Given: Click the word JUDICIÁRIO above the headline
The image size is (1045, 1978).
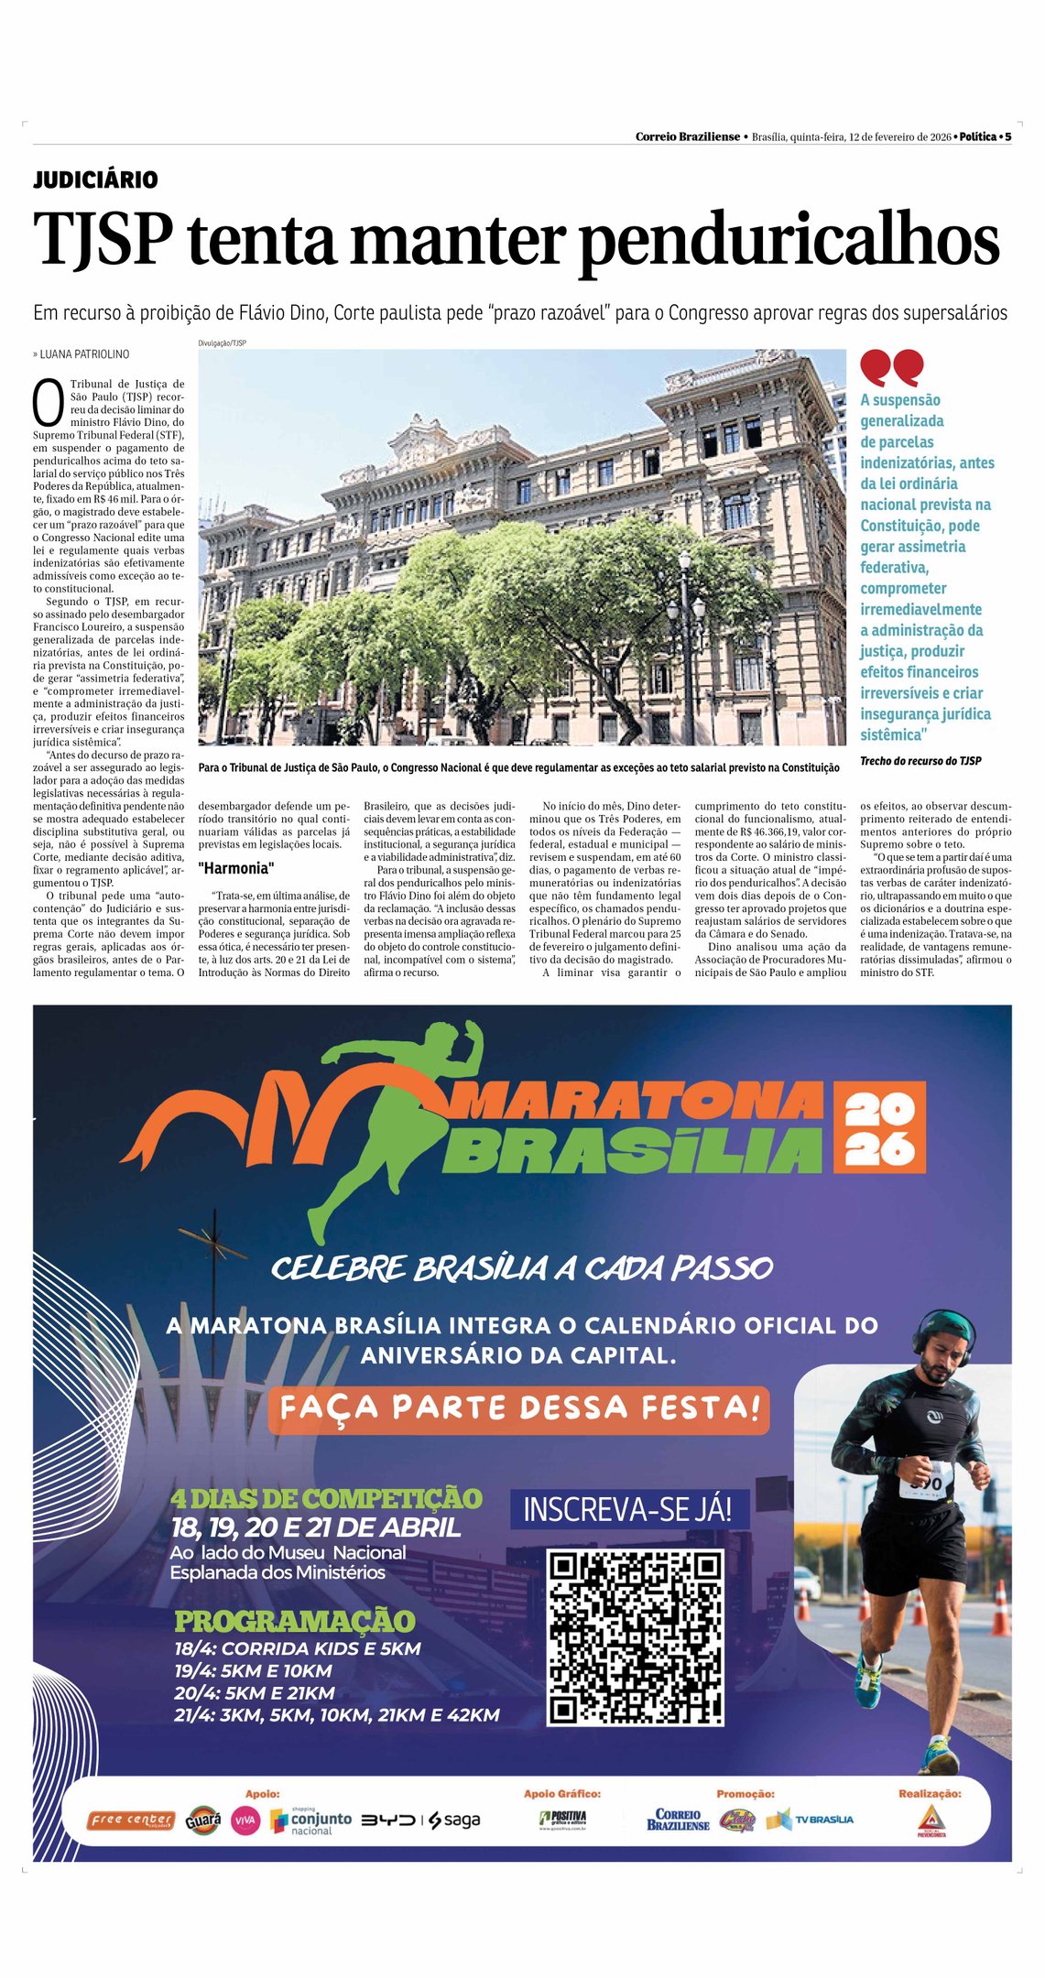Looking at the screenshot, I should pyautogui.click(x=95, y=179).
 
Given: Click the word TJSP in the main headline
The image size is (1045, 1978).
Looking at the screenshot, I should pyautogui.click(x=103, y=241).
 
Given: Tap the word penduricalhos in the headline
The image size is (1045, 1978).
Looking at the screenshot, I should pyautogui.click(x=789, y=243).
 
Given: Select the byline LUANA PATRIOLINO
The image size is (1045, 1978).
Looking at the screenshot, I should pyautogui.click(x=84, y=354).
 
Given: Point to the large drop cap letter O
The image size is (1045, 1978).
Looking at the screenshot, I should pyautogui.click(x=49, y=399).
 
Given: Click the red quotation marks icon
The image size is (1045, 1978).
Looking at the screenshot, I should pyautogui.click(x=891, y=367).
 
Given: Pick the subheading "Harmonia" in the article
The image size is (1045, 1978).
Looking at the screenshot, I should pyautogui.click(x=236, y=868).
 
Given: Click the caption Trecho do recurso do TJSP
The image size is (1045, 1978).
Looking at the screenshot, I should pyautogui.click(x=920, y=761).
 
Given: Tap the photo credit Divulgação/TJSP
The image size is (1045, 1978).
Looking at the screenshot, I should pyautogui.click(x=223, y=343).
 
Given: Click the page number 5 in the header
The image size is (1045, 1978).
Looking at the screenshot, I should pyautogui.click(x=1007, y=136).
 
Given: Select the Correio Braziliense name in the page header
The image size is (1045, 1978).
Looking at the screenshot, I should pyautogui.click(x=687, y=136).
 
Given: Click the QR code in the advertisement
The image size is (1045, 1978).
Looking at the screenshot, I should pyautogui.click(x=636, y=1637).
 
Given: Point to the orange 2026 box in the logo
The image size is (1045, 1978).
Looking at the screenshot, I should pyautogui.click(x=879, y=1128).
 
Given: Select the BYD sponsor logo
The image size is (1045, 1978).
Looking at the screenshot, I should pyautogui.click(x=388, y=1820).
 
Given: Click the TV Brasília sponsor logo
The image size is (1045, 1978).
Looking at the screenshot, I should pyautogui.click(x=811, y=1820).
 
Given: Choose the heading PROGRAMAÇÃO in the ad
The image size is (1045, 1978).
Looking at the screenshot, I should pyautogui.click(x=295, y=1621).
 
